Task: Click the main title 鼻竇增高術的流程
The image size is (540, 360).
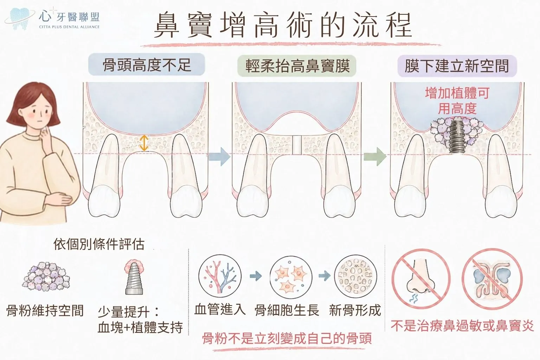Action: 283,26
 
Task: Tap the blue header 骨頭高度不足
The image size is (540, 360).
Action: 147,65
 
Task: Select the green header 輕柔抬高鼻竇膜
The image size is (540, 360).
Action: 297,66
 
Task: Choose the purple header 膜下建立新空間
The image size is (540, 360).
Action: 457,66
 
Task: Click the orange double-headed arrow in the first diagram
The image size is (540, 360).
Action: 144,143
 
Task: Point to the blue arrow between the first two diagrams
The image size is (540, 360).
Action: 219,157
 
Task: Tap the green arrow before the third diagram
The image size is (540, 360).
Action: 375,157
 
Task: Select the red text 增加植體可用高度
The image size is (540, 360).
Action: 457,101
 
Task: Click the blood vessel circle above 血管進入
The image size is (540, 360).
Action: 220,277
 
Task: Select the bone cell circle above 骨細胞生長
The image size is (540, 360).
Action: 291,277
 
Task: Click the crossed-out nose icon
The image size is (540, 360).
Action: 421,278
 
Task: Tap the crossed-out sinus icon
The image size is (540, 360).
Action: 492,278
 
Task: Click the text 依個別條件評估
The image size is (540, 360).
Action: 99,244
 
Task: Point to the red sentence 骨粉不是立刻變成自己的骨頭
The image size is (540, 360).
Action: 287,338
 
